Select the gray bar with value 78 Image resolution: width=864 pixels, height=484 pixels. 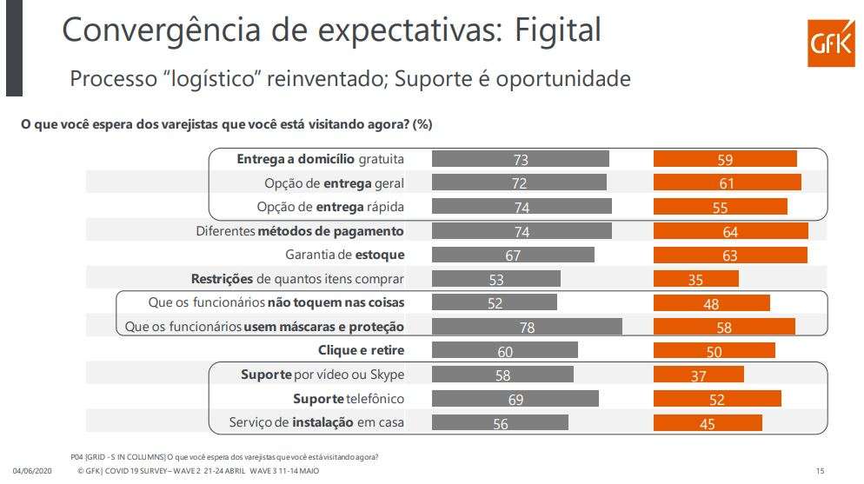tap(527, 327)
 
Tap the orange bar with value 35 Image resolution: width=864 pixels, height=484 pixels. tap(696, 279)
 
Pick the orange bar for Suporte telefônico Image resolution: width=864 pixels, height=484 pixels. tap(717, 399)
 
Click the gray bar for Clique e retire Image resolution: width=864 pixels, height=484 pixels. tap(504, 350)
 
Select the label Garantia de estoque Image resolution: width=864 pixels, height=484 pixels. tap(344, 255)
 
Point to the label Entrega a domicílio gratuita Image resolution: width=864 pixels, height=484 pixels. tap(321, 159)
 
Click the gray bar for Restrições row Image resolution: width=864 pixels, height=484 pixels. tap(495, 279)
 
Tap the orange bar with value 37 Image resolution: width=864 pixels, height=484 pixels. tap(699, 375)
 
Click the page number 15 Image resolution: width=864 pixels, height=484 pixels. tap(820, 471)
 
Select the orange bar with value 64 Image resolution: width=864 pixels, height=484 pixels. tap(730, 231)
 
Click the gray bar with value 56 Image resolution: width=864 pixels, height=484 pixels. tap(500, 422)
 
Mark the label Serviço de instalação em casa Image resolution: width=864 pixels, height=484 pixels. tap(316, 422)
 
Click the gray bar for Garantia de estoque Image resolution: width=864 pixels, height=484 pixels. tap(513, 255)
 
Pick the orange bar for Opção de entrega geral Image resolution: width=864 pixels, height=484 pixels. tap(728, 183)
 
